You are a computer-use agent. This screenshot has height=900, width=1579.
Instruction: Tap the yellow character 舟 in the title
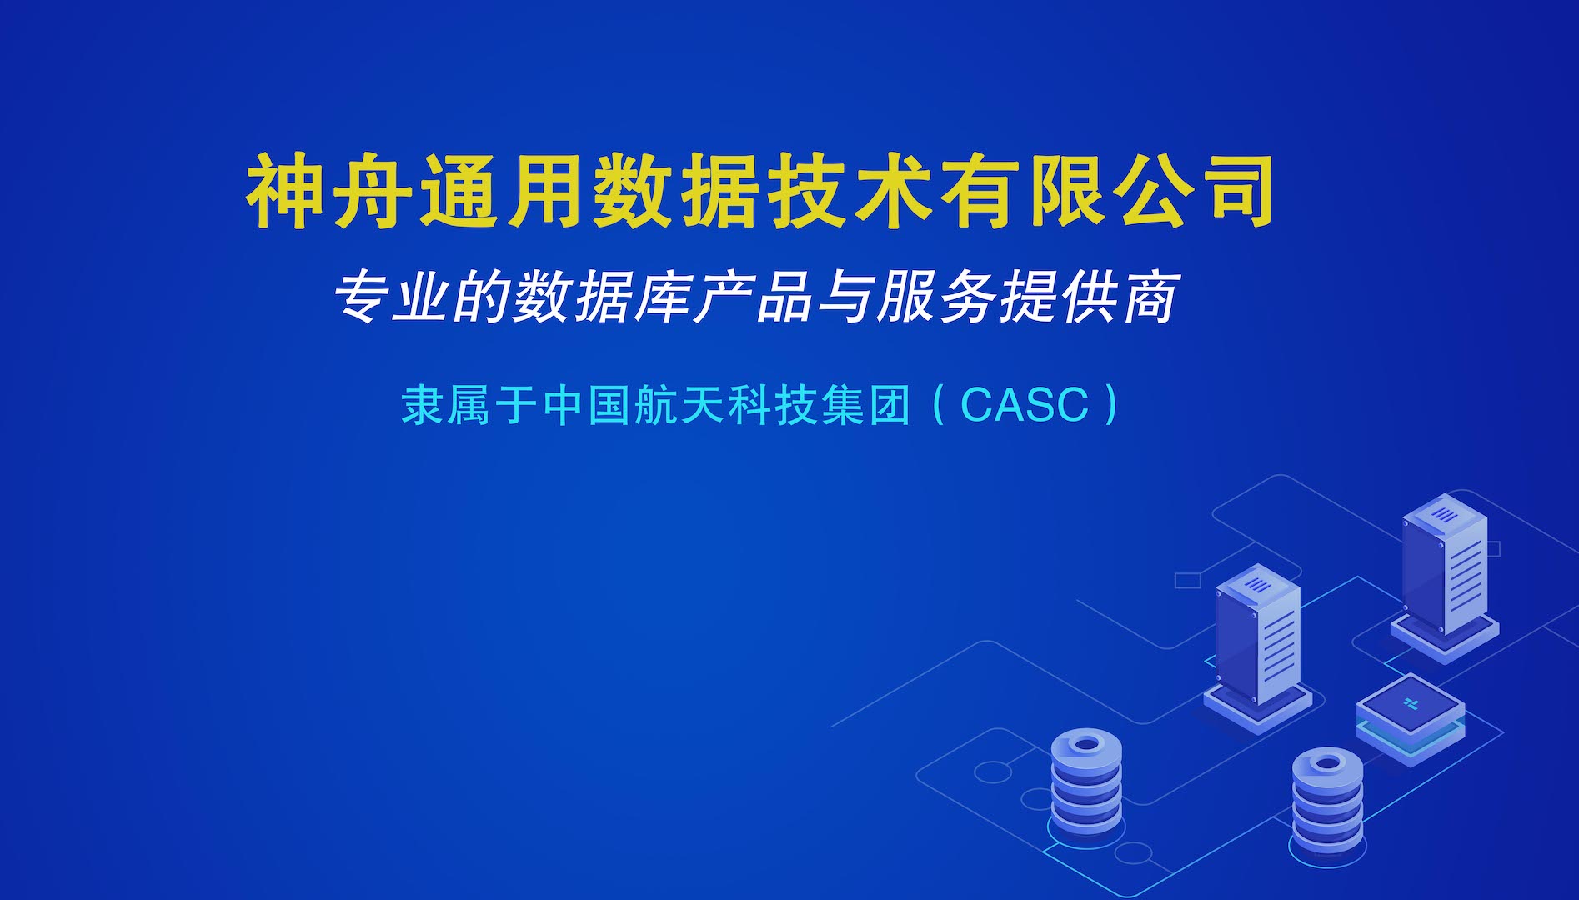373,191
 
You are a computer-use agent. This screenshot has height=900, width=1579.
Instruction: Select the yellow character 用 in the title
546,191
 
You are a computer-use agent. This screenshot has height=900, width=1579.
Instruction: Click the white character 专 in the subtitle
364,297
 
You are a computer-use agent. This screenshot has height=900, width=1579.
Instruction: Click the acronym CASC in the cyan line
1025,405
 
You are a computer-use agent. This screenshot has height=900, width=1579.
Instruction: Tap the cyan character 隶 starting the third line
422,405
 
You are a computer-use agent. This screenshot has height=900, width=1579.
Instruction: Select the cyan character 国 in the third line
609,405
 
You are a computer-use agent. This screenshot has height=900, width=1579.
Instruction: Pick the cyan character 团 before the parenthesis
889,405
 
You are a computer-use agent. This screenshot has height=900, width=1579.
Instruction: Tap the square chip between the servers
1410,719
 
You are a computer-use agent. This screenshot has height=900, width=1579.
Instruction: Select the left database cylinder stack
1086,786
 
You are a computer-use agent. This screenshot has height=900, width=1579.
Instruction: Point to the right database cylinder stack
1327,802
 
